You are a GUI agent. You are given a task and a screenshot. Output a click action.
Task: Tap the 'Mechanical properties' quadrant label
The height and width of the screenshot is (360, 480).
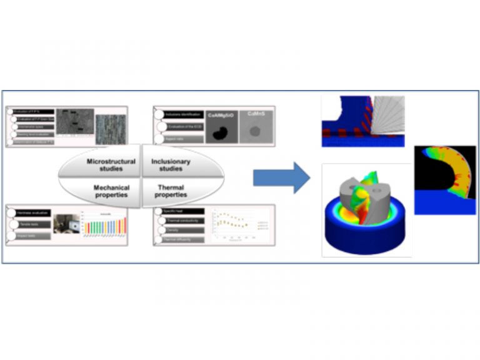(111, 191)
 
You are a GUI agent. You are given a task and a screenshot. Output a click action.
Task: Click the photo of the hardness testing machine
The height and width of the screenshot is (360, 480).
(66, 224)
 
